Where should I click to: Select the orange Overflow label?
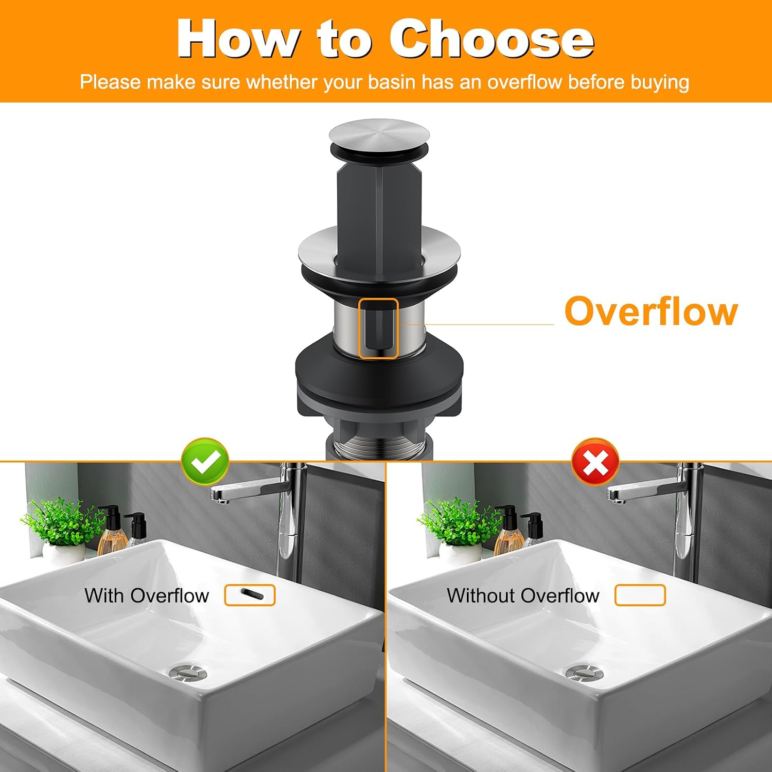(x=651, y=311)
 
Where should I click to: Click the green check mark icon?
(x=205, y=462)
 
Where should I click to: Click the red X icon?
(x=595, y=462)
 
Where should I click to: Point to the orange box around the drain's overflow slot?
(x=378, y=328)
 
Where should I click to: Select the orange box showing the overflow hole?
(x=250, y=595)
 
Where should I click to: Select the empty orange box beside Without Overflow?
(x=640, y=595)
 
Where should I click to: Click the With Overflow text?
(x=147, y=595)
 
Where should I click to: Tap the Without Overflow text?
(x=523, y=595)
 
